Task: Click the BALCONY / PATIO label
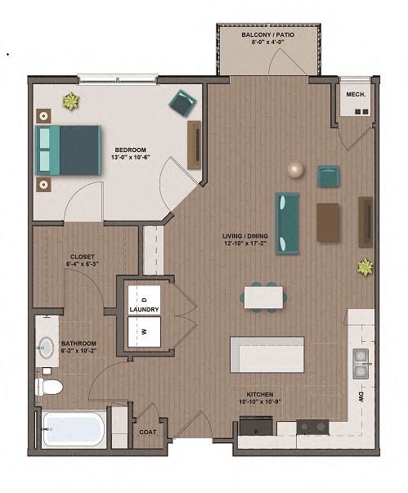[268, 36]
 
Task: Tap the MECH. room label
[355, 94]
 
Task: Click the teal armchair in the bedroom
[182, 102]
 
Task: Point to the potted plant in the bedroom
[71, 102]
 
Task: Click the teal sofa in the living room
[287, 222]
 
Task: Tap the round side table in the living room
[294, 168]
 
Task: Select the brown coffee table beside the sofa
[327, 222]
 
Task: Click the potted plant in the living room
[364, 267]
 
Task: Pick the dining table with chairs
[264, 296]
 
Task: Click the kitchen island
[267, 354]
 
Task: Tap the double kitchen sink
[360, 363]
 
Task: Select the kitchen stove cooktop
[312, 426]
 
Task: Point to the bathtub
[74, 428]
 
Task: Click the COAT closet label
[147, 432]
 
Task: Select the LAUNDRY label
[144, 310]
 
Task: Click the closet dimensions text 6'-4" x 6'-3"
[83, 264]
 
